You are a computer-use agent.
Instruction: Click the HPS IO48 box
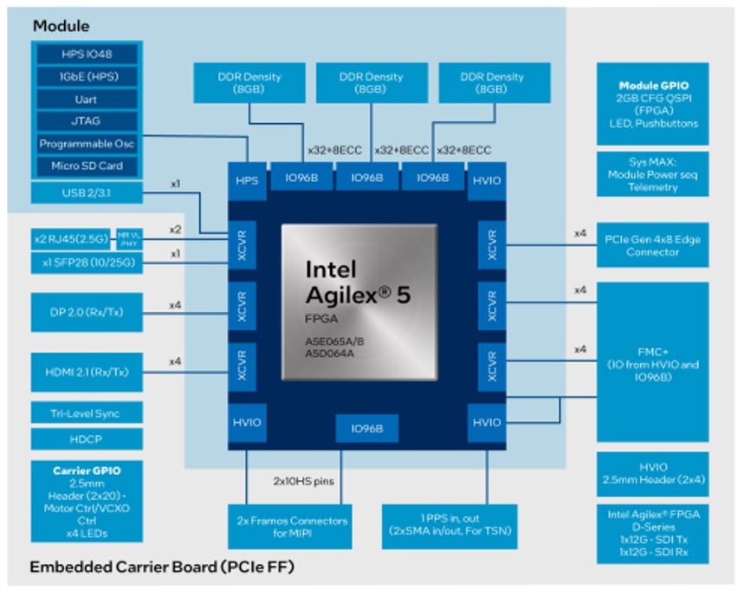pos(87,54)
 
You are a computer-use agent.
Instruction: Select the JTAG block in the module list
pos(87,121)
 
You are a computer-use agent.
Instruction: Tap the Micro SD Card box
pos(87,166)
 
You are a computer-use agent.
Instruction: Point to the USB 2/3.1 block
pos(87,192)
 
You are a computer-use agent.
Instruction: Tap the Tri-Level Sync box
pos(87,413)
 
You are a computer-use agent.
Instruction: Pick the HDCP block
pos(87,439)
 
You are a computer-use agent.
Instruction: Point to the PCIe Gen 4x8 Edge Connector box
pos(651,245)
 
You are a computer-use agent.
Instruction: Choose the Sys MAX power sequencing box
pos(651,174)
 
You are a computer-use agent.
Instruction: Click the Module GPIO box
pos(651,103)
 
